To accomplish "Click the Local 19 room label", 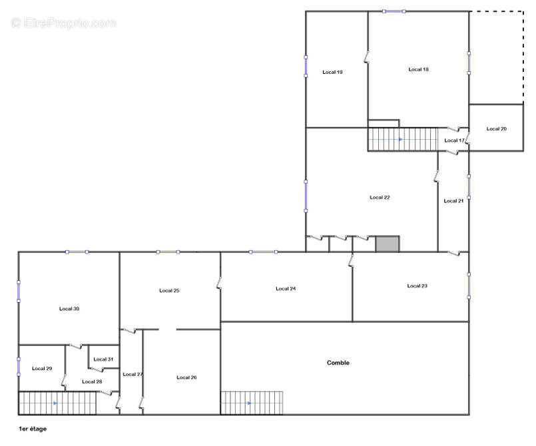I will [332, 72].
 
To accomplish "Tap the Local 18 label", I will [418, 69].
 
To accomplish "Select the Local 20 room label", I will [496, 128].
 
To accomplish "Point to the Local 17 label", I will [454, 140].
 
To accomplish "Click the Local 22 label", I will [380, 197].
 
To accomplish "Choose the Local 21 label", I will [453, 201].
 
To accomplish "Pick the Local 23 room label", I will [417, 286].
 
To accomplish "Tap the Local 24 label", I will [286, 288].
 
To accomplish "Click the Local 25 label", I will [169, 290].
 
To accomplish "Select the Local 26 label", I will [186, 377].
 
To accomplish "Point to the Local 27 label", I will [133, 374].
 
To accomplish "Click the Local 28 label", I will [92, 381].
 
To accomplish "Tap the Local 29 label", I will [42, 368].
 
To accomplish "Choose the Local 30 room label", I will [69, 308].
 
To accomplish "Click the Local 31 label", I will [103, 359].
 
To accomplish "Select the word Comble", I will [338, 363].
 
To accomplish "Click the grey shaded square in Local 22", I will [387, 244].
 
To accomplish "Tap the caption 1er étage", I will [33, 429].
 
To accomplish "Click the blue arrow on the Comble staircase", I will [250, 403].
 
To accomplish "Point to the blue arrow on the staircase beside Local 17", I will [400, 139].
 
